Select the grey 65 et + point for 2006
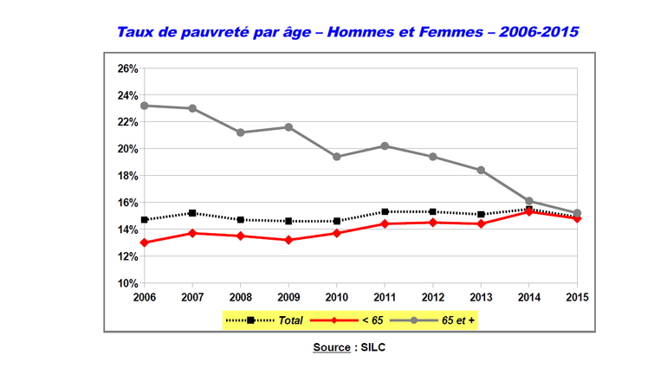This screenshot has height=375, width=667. (x=145, y=106)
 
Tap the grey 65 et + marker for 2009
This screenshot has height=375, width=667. (x=288, y=127)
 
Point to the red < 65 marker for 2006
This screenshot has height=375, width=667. (x=145, y=242)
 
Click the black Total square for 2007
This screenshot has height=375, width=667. (x=192, y=213)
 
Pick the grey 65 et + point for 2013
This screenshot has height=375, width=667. (x=481, y=170)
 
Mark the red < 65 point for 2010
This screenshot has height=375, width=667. (x=336, y=233)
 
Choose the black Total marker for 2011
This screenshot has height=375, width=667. (x=385, y=211)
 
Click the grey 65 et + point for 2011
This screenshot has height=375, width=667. (x=385, y=145)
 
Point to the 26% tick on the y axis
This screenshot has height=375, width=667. (x=126, y=68)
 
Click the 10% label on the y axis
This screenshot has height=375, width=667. (x=126, y=283)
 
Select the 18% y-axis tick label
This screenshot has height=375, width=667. (x=126, y=176)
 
